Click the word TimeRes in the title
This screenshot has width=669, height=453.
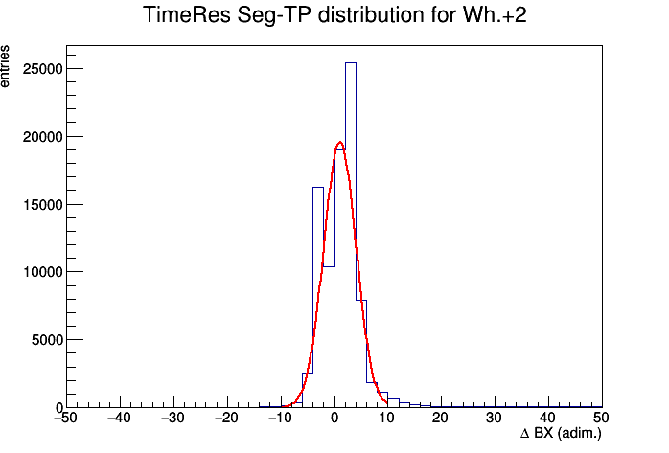pos(187,15)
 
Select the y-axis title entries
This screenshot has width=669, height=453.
pos(5,66)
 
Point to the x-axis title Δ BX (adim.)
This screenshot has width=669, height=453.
pos(561,434)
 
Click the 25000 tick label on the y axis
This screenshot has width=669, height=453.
pos(43,69)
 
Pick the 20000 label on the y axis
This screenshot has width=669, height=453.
pos(43,137)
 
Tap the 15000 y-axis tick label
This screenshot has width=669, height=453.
pos(43,205)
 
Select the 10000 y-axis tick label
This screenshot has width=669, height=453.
pos(43,272)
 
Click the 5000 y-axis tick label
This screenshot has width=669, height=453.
pos(47,340)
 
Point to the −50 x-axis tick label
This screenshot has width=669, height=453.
pos(66,418)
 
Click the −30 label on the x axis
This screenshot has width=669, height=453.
pos(173,418)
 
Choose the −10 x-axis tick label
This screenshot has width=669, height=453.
pos(280,418)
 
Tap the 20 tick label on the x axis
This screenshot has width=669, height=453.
pos(441,418)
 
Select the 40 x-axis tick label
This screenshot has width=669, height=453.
pos(548,418)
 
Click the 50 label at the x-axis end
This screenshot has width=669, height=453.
pos(601,418)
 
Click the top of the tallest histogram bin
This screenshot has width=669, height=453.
pos(351,62)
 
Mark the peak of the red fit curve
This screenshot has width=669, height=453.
pos(340,142)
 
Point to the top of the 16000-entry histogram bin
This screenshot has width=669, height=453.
pos(318,187)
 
